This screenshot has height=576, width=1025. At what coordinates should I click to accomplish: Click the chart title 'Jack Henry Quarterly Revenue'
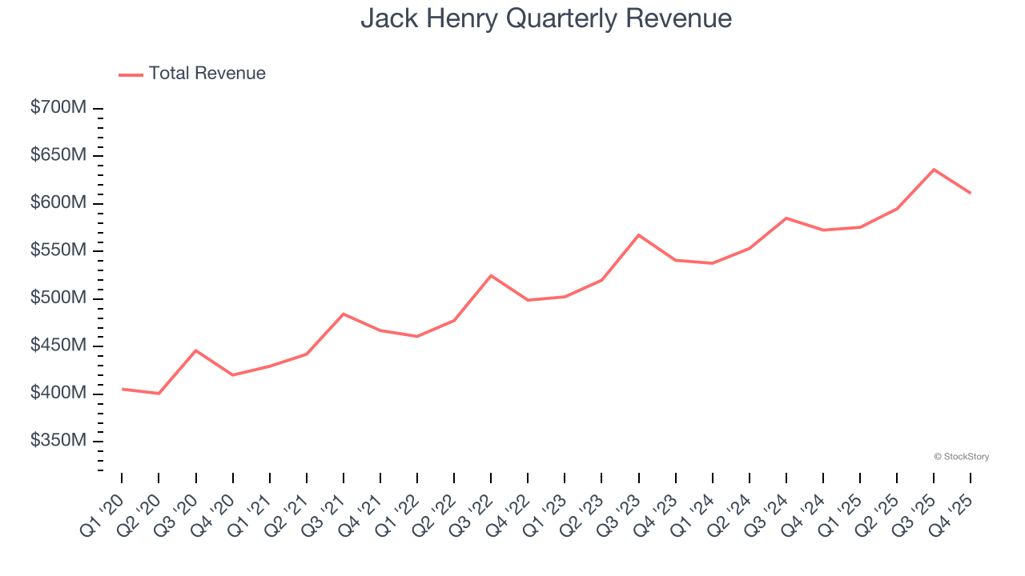[x=546, y=18]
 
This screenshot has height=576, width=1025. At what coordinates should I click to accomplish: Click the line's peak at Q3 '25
[x=934, y=170]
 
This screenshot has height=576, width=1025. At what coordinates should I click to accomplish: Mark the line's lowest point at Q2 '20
[x=159, y=394]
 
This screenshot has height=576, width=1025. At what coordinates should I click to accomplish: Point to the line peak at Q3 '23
[x=638, y=235]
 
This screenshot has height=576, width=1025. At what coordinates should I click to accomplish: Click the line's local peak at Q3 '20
[x=195, y=350]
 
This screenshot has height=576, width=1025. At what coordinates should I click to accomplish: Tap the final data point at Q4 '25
[x=971, y=193]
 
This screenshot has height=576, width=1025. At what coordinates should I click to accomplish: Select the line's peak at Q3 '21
[x=344, y=314]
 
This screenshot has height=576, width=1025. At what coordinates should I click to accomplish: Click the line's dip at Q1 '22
[x=417, y=336]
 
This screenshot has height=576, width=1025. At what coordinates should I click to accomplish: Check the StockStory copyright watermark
[x=961, y=457]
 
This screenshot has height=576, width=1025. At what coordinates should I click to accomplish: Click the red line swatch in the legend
[x=131, y=74]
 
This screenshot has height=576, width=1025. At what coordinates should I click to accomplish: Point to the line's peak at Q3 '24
[x=786, y=218]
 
